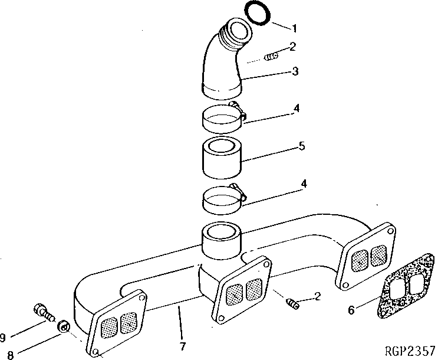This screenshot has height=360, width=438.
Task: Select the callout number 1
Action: point(294,28)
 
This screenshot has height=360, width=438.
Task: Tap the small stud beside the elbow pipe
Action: point(271,57)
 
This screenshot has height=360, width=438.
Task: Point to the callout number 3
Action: point(295,72)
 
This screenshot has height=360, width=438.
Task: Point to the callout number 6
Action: point(351,310)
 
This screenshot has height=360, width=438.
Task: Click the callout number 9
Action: point(4,337)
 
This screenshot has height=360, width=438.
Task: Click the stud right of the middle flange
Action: point(291,302)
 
